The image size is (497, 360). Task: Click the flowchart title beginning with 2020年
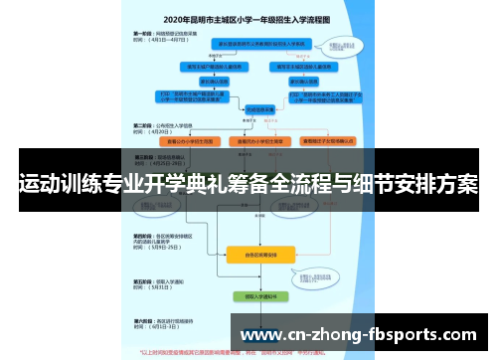point(248,18)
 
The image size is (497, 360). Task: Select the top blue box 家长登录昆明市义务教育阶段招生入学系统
point(261,45)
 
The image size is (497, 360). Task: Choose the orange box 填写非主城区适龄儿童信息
point(297,67)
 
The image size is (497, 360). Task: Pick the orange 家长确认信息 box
point(297,83)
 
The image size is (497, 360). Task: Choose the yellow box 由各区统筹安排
point(261,255)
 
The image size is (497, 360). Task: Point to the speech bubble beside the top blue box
point(343,45)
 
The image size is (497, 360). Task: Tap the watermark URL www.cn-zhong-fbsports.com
point(359,335)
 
